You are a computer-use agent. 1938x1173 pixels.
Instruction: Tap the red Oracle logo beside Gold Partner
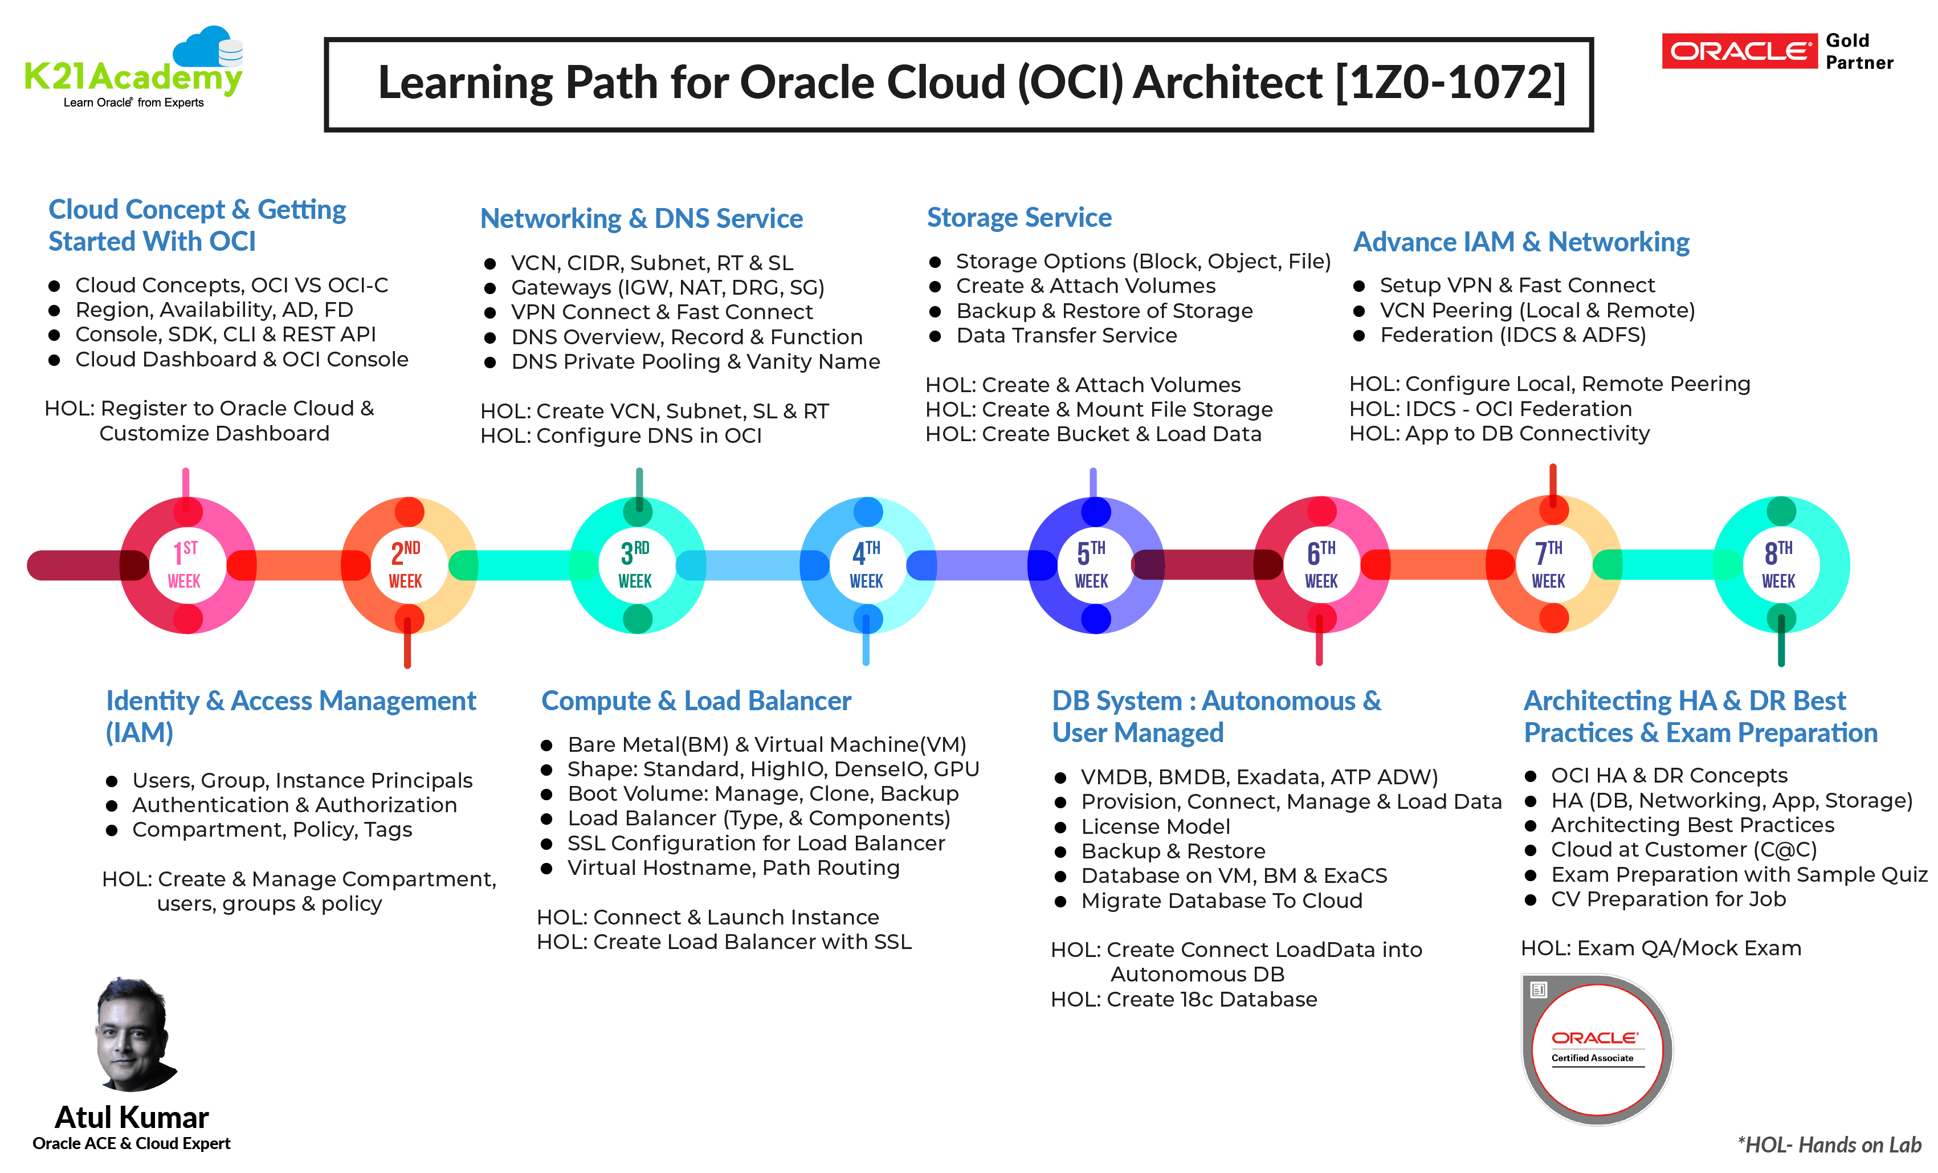click(x=1738, y=51)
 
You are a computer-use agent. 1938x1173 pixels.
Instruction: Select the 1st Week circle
click(x=186, y=564)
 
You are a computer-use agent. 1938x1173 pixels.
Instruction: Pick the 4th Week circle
click(x=867, y=564)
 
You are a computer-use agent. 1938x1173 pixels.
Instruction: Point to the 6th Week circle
click(x=1321, y=564)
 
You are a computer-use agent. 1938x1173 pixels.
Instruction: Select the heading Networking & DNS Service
click(x=641, y=219)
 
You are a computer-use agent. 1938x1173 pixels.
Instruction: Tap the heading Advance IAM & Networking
click(x=1520, y=242)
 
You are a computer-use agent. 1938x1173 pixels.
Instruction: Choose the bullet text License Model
click(x=1154, y=827)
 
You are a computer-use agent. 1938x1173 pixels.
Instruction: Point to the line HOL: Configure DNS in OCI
click(x=621, y=436)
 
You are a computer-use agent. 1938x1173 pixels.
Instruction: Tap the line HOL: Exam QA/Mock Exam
click(x=1660, y=948)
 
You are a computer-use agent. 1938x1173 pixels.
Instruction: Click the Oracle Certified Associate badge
click(x=1597, y=1049)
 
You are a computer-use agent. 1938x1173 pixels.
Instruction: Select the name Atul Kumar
click(x=132, y=1117)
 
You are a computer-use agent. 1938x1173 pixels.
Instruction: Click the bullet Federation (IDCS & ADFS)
click(x=1512, y=335)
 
